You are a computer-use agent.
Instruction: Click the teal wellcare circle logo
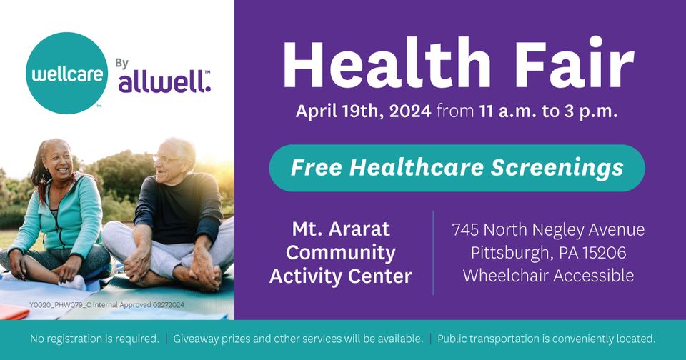click(67, 73)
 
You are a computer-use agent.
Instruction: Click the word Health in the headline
click(387, 63)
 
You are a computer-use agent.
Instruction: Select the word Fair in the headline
click(575, 63)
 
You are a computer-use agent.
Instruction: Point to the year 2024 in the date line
click(410, 111)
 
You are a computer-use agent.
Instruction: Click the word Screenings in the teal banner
click(557, 168)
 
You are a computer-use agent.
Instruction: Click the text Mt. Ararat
click(341, 229)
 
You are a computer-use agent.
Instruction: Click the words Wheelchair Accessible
click(549, 276)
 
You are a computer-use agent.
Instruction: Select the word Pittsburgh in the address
click(509, 253)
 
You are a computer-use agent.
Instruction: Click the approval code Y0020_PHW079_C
click(60, 305)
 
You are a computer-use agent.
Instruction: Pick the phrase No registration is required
click(94, 339)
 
